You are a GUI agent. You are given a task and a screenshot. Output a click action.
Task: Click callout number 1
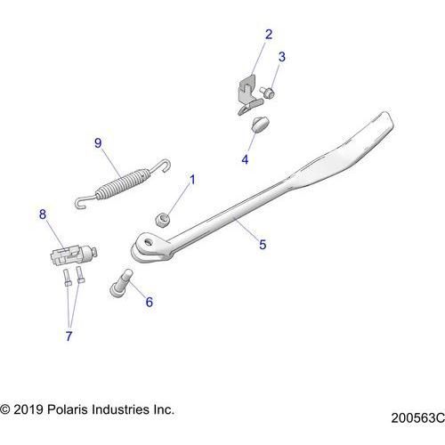[191, 181]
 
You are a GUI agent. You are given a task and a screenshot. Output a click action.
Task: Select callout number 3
[281, 58]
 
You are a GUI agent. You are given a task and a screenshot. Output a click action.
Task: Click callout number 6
[150, 302]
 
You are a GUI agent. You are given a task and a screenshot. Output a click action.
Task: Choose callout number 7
[69, 336]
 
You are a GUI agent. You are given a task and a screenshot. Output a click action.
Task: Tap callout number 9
[99, 142]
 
